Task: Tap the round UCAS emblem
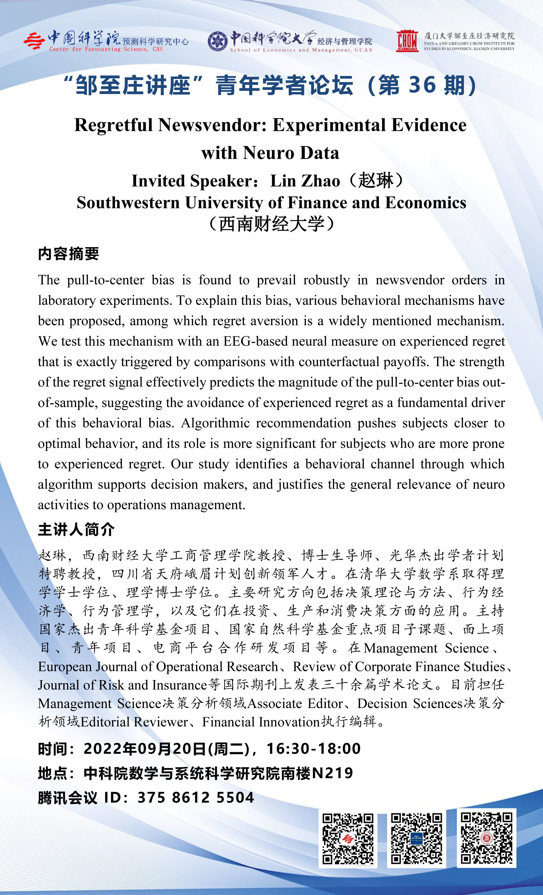pyautogui.click(x=217, y=42)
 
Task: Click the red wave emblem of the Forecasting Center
pyautogui.click(x=34, y=41)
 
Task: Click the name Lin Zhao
pyautogui.click(x=305, y=181)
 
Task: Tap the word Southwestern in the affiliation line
pyautogui.click(x=128, y=203)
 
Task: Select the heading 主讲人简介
pyautogui.click(x=76, y=529)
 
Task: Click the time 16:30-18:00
pyautogui.click(x=314, y=749)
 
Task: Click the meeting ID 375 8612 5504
pyautogui.click(x=195, y=798)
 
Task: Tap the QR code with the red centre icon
pyautogui.click(x=348, y=839)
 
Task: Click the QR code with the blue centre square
pyautogui.click(x=417, y=839)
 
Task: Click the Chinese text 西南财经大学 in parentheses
pyautogui.click(x=272, y=224)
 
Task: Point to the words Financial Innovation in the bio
pyautogui.click(x=261, y=722)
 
